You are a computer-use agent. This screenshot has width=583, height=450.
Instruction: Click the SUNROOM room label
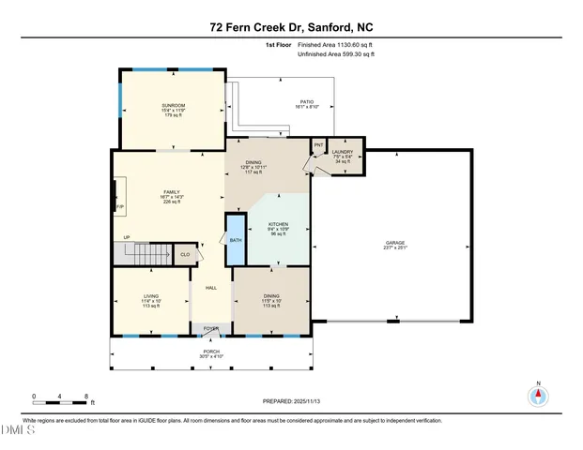173,105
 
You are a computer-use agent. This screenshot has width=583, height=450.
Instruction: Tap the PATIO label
306,102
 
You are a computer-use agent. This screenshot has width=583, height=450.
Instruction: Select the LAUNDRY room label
342,152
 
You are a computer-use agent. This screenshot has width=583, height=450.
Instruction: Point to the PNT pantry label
318,145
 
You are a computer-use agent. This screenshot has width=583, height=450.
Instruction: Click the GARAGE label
394,243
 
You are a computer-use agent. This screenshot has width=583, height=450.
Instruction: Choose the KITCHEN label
278,225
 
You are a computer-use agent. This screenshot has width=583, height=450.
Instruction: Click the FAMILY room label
170,193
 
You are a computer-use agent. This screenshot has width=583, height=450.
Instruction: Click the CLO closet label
185,253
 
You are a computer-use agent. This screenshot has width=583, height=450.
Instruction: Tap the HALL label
211,288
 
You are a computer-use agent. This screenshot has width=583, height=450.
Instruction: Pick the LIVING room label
150,299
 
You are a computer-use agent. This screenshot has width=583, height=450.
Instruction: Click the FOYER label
212,328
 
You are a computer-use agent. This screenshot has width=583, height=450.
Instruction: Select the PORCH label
211,353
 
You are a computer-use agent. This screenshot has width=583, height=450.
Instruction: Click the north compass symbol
538,396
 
